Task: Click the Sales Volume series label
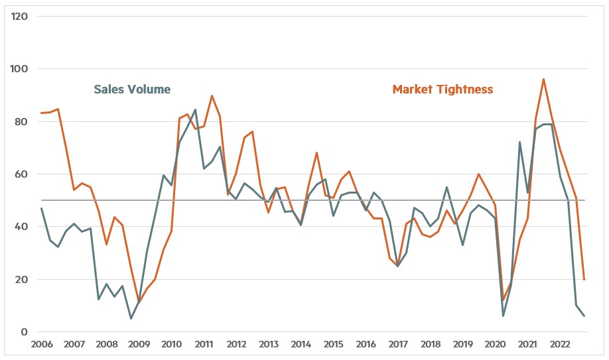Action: coord(132,90)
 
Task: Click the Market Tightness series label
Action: coord(442,90)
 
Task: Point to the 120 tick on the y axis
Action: coord(19,16)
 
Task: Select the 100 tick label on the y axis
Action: coord(19,69)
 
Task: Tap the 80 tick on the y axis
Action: coord(21,122)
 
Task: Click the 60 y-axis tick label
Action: coord(21,174)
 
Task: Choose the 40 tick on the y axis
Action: coord(21,227)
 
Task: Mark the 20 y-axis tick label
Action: coord(21,280)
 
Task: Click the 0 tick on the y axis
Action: coord(23,332)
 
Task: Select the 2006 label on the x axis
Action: coord(41,345)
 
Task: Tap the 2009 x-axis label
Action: coord(139,345)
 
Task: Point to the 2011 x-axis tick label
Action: coord(203,345)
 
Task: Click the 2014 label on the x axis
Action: coord(301,345)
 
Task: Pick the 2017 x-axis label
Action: coord(398,345)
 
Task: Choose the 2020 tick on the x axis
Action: coord(495,345)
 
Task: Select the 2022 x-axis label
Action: coord(560,345)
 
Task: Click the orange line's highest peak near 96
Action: coord(544,80)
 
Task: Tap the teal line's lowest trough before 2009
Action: coord(131,319)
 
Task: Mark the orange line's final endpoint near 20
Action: coord(584,280)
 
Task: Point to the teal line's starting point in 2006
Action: coord(41,209)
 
